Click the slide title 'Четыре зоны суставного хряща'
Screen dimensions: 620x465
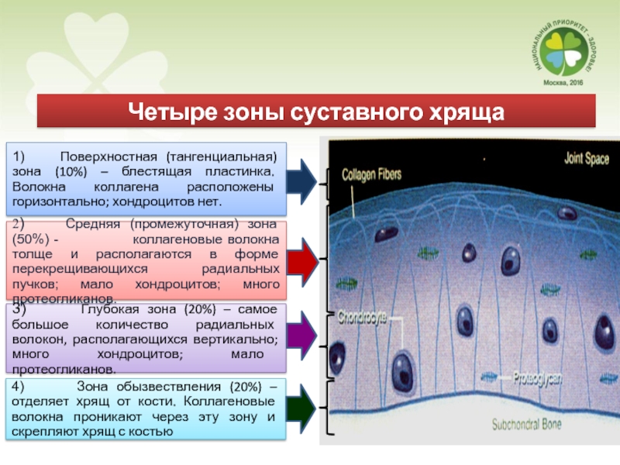315,111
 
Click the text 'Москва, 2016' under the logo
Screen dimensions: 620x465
564,82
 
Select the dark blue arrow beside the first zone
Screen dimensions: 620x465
303,181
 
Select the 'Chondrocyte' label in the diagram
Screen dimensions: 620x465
362,317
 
